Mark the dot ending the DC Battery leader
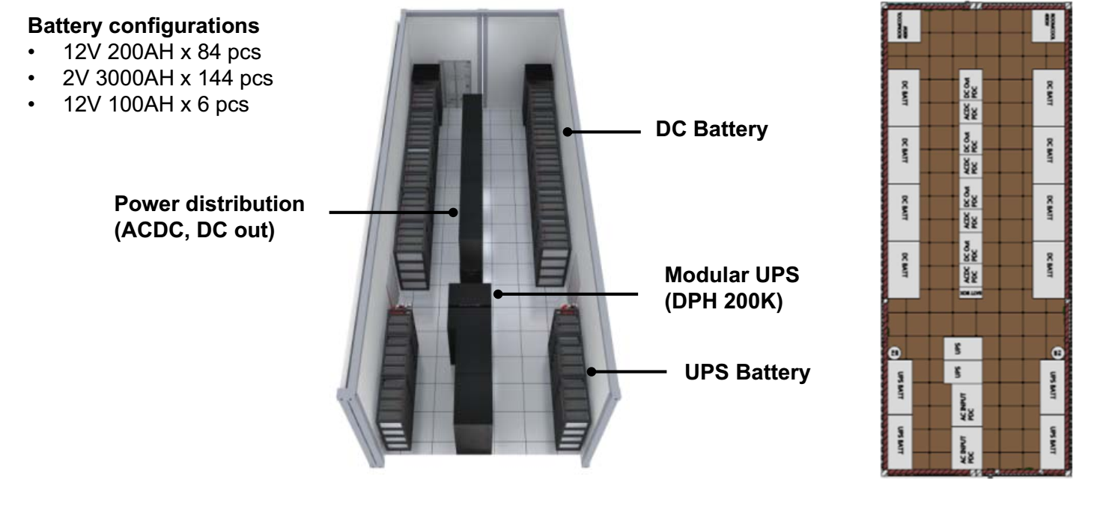point(568,131)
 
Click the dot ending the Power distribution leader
point(453,212)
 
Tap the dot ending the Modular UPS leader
point(496,293)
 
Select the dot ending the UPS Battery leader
point(590,371)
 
